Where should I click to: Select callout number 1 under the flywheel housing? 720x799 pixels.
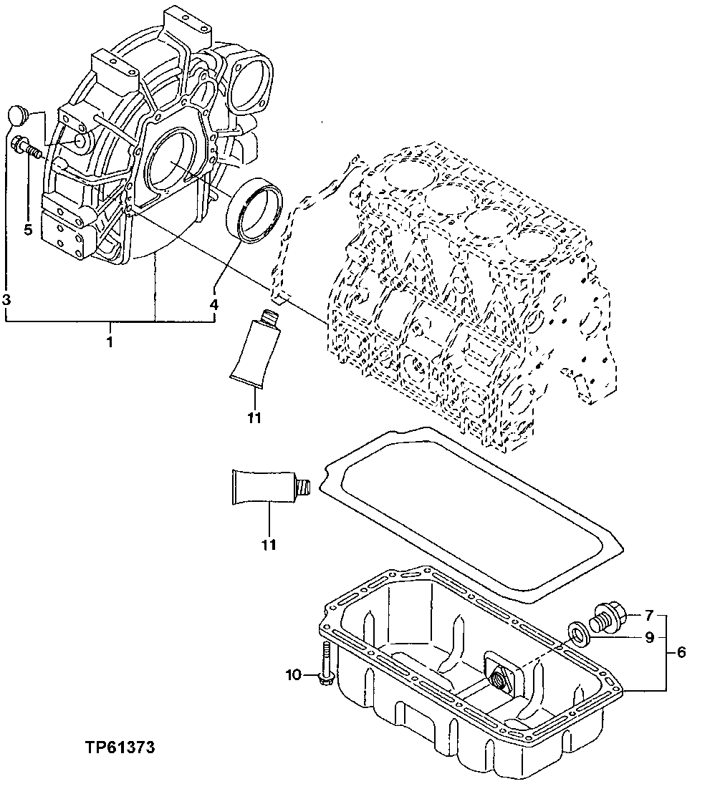110,342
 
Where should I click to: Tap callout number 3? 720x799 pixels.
6,299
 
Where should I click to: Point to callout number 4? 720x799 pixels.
213,304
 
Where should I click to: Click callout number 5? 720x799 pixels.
28,229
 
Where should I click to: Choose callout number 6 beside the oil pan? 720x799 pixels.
681,652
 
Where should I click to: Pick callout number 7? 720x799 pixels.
649,614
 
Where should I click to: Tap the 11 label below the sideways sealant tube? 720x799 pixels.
268,545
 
